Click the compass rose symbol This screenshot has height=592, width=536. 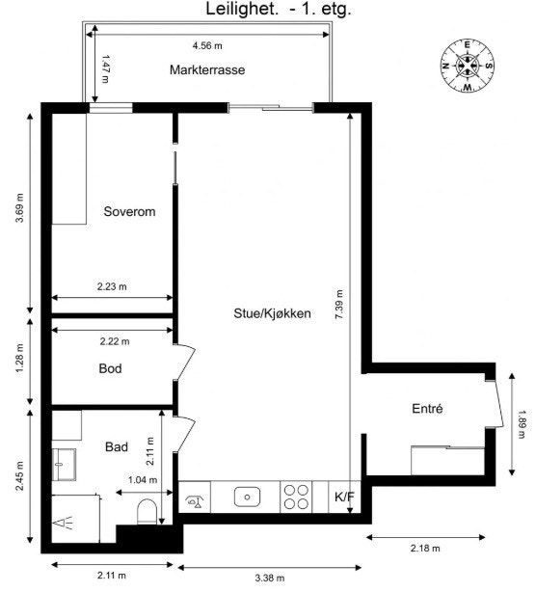[x=468, y=66]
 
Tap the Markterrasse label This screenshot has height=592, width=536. [x=205, y=70]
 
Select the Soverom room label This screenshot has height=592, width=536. [x=129, y=211]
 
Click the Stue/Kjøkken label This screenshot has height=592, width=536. [x=272, y=313]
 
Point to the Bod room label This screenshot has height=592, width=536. [x=111, y=368]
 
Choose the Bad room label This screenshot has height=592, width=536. [x=117, y=447]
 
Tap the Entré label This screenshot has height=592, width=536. [x=427, y=409]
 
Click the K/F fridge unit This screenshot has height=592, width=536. [x=344, y=498]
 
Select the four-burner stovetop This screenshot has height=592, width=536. [x=297, y=498]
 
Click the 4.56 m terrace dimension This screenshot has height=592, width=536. [x=206, y=45]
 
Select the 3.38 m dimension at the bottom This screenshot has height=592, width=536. [x=270, y=577]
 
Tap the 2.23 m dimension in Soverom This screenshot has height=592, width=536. [x=112, y=286]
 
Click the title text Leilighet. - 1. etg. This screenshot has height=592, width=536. [x=278, y=11]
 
